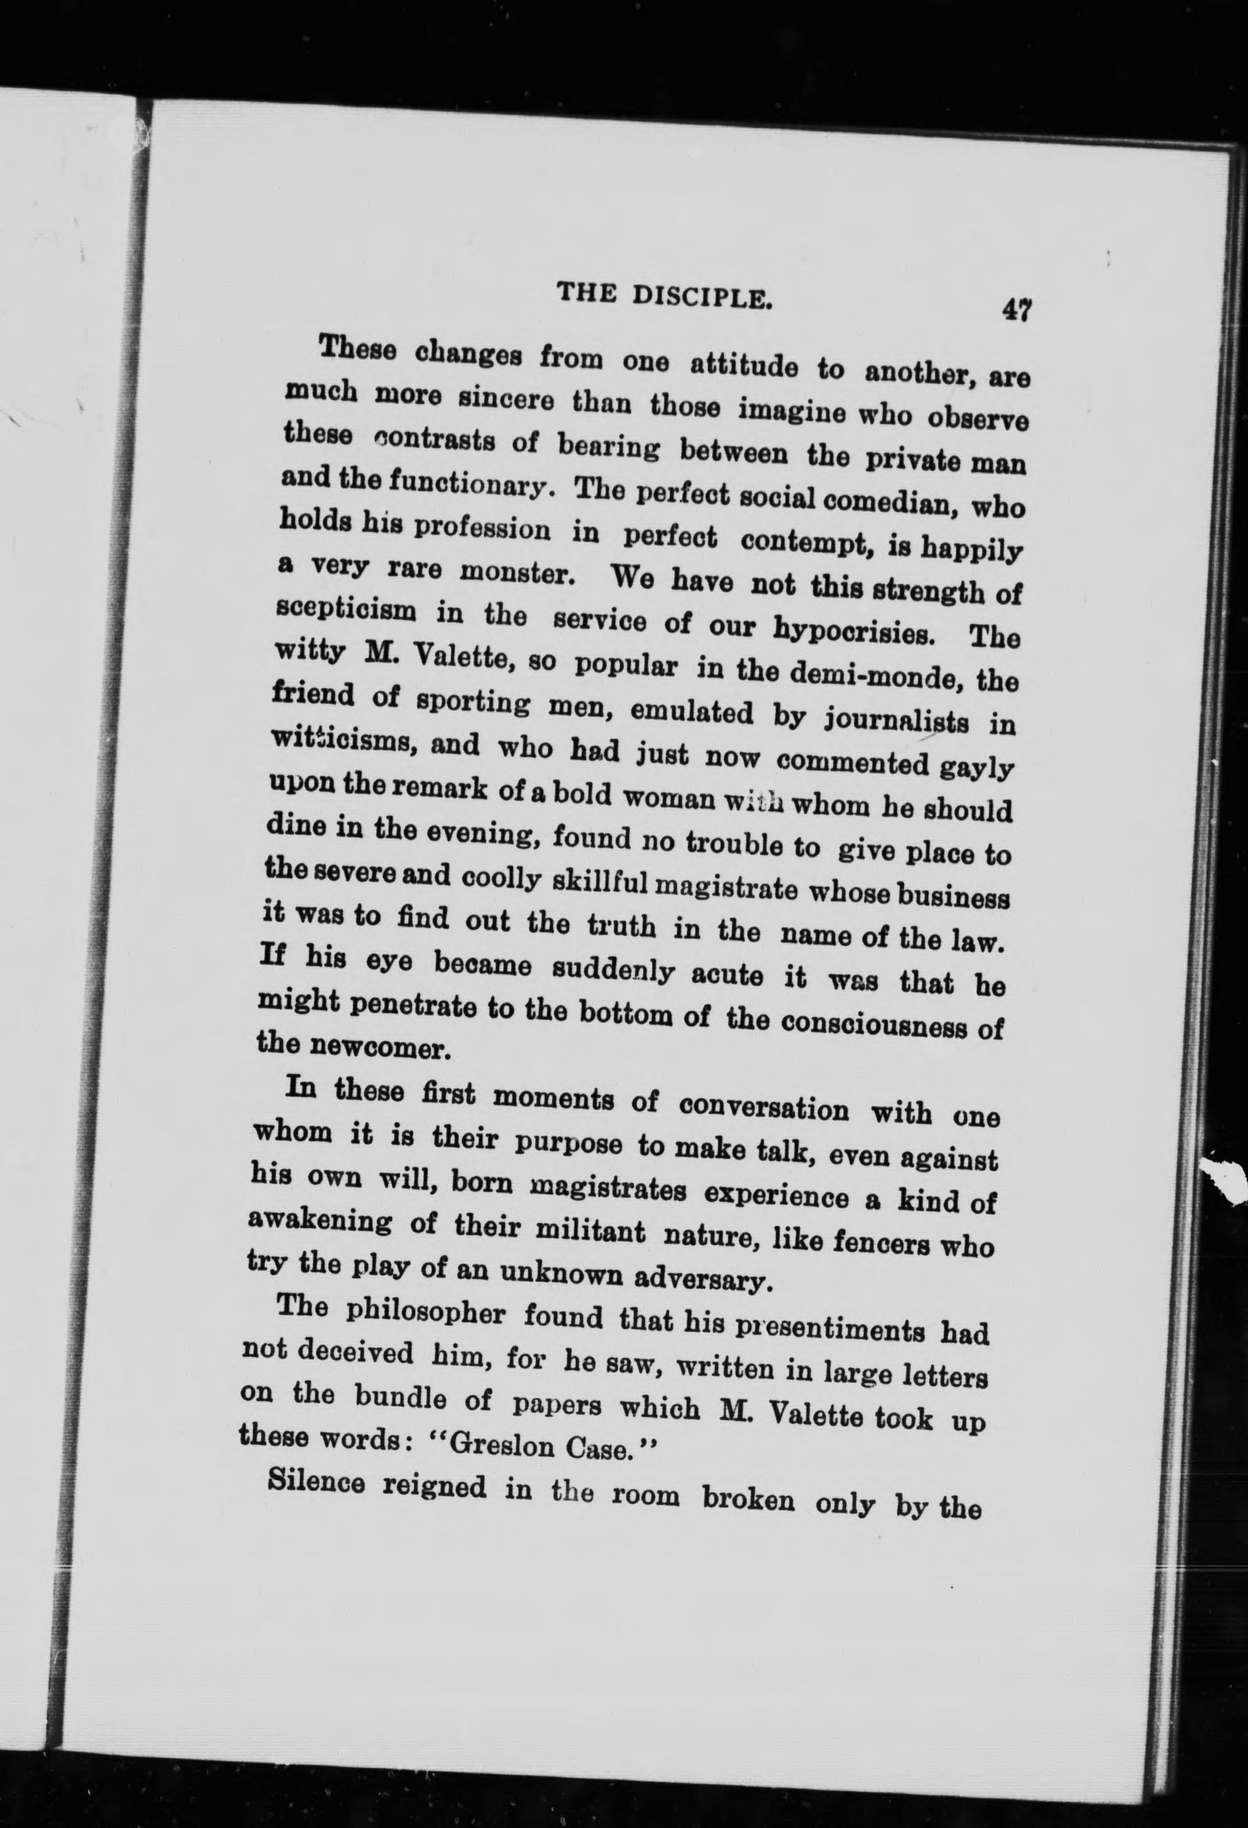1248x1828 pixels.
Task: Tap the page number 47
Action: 1015,310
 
